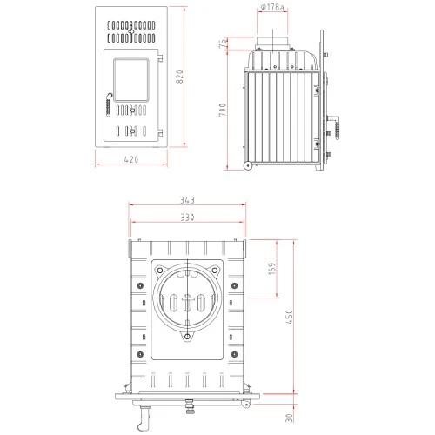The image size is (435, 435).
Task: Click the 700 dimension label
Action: coord(223,114)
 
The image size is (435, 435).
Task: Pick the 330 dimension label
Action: coord(185,217)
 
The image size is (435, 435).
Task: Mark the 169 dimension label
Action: coord(272,268)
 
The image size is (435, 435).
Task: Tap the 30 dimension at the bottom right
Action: coord(290,417)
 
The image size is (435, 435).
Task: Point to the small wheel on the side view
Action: coord(247,164)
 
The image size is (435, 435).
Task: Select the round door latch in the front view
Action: coord(109,99)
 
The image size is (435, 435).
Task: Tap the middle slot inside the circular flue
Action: coord(186,304)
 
